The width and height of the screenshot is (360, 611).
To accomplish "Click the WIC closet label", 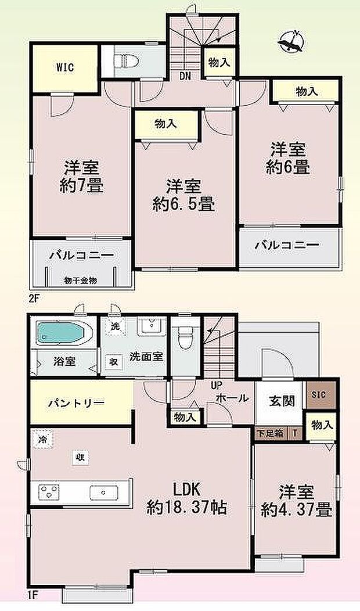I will [64, 67].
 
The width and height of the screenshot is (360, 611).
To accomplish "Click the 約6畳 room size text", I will [287, 168].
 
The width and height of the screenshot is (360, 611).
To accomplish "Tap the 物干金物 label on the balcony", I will [81, 281].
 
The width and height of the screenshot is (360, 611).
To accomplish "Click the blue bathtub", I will [62, 333].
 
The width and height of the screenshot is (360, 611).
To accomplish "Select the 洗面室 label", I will [146, 356].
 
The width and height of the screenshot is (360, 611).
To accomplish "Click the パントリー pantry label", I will [76, 402].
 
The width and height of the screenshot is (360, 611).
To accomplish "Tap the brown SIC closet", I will [319, 395].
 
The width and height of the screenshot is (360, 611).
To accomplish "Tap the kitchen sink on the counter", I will [103, 493].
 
